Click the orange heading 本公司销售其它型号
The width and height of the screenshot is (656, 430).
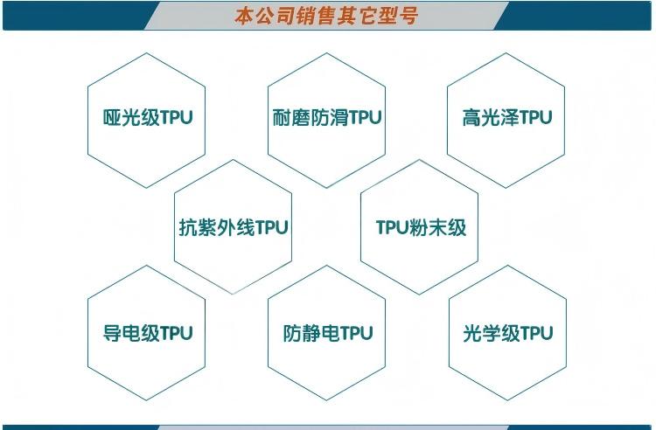click(326, 17)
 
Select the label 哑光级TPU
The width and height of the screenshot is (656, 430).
click(148, 117)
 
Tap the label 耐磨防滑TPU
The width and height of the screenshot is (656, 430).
click(327, 117)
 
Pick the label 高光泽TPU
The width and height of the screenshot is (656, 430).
click(507, 117)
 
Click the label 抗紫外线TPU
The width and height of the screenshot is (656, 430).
click(234, 228)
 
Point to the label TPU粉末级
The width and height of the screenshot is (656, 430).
click(421, 228)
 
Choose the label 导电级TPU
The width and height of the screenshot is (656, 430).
click(148, 333)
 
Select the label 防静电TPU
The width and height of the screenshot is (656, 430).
click(328, 333)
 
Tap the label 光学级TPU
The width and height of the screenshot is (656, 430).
click(508, 333)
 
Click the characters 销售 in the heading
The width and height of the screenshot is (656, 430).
click(306, 17)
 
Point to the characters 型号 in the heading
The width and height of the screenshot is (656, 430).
click(398, 17)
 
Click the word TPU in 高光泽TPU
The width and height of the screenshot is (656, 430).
click(536, 117)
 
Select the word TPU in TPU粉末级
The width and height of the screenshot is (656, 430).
click(392, 228)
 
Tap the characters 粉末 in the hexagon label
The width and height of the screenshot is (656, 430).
click(428, 228)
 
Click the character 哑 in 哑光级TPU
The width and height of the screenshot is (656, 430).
click(112, 117)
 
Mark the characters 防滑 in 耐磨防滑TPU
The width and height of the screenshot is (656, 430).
click(330, 117)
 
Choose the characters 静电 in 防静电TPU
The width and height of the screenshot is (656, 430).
click(321, 333)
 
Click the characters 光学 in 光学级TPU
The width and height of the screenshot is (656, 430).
click(482, 333)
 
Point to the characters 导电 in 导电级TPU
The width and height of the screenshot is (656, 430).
click(122, 333)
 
